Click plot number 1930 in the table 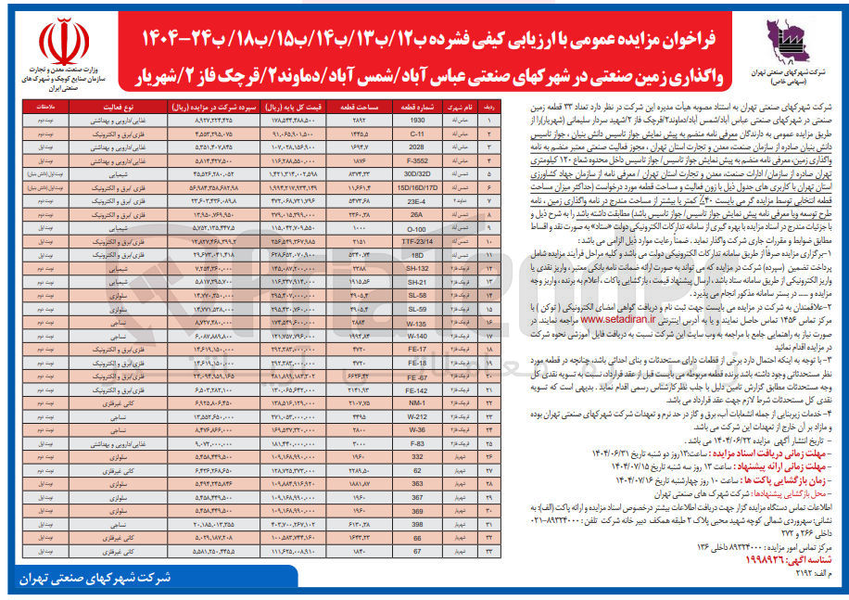click(417, 121)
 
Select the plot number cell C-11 click(417, 134)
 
